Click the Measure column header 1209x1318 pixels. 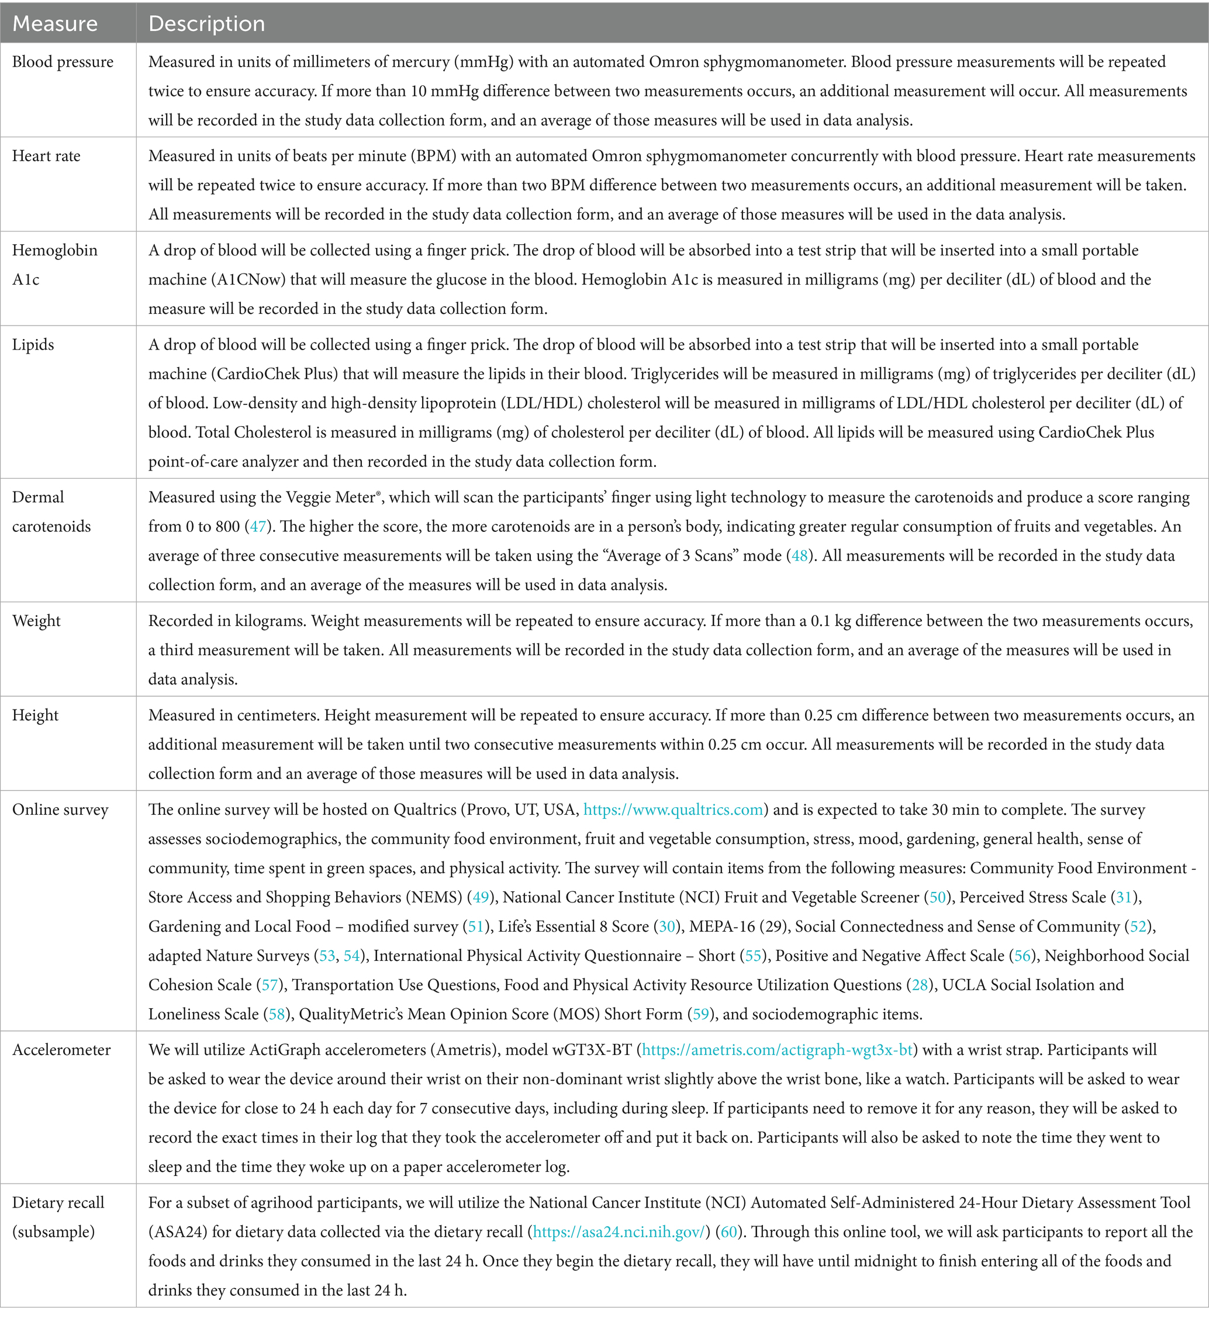(x=55, y=23)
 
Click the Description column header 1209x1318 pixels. (x=207, y=23)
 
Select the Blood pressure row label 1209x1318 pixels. (x=63, y=62)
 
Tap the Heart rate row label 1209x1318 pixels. (x=46, y=156)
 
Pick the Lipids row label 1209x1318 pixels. (x=33, y=345)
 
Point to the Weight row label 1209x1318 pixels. (x=37, y=621)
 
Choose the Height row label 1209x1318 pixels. (x=35, y=715)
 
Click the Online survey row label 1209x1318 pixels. (x=60, y=810)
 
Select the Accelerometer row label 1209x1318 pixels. (x=61, y=1050)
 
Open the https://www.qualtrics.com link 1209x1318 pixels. (x=673, y=810)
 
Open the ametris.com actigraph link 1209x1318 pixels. (x=777, y=1050)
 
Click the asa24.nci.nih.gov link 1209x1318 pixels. (x=620, y=1231)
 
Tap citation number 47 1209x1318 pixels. (x=258, y=527)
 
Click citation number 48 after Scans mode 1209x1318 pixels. (x=799, y=556)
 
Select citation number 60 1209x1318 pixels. (x=728, y=1231)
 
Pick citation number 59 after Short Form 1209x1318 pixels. (x=700, y=1015)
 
